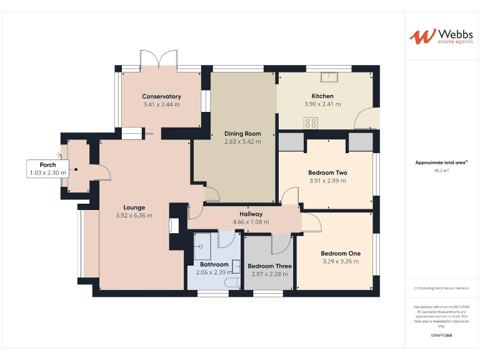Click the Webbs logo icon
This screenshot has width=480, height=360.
click(x=422, y=36)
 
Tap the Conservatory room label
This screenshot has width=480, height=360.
click(x=161, y=96)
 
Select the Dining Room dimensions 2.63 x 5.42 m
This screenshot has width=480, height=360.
click(x=242, y=142)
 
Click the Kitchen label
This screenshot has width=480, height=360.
click(x=323, y=96)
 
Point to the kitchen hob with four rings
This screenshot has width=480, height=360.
click(x=311, y=122)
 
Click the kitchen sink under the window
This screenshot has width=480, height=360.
click(x=329, y=77)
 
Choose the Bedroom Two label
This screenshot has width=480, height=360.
click(x=327, y=172)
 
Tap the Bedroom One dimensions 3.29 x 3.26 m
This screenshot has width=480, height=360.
click(x=340, y=261)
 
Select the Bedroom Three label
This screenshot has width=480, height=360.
click(x=269, y=266)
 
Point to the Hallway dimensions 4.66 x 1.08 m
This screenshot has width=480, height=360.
click(x=251, y=222)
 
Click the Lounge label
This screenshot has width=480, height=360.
click(x=134, y=207)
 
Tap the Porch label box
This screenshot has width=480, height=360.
click(x=48, y=169)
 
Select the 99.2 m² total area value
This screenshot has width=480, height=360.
click(x=441, y=170)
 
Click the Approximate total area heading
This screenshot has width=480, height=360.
click(x=441, y=162)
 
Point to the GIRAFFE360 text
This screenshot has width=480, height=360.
click(x=441, y=336)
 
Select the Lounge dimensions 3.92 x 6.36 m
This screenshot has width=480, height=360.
click(x=134, y=216)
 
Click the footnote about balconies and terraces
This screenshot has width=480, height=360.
click(x=441, y=288)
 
